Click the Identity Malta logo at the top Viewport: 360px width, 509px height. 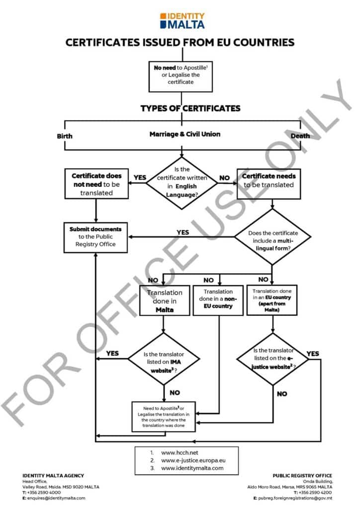tap(182, 20)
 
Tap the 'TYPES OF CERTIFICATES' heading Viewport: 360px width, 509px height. tap(190, 108)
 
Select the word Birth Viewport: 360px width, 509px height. tap(65, 136)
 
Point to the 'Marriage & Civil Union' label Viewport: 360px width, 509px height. tap(185, 134)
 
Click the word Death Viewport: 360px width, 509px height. tap(300, 136)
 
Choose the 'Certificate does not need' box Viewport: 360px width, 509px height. tap(96, 184)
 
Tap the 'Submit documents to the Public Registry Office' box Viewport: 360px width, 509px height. tap(95, 237)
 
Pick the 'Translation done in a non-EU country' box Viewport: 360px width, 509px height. tap(218, 299)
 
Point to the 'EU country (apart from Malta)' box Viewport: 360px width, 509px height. tap(271, 300)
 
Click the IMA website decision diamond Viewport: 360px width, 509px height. tap(164, 358)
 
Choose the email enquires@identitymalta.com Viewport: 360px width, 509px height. tap(56, 498)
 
